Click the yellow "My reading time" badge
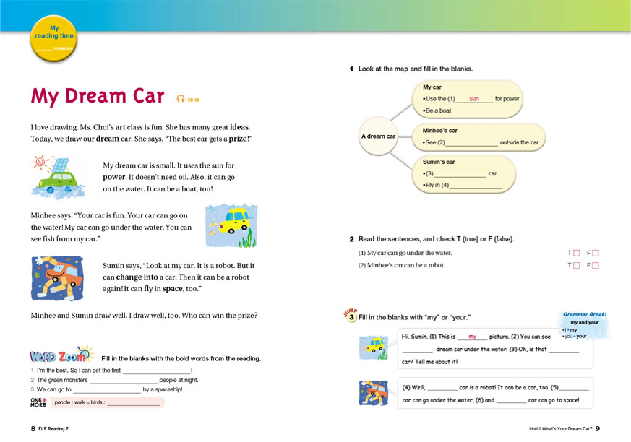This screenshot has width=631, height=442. [x=54, y=38]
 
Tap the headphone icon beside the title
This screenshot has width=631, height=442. [x=181, y=99]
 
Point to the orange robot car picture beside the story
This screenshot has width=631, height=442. [x=58, y=279]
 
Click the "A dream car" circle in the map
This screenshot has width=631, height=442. [x=378, y=136]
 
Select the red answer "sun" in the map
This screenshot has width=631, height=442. [x=474, y=99]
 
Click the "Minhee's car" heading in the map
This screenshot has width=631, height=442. [x=440, y=131]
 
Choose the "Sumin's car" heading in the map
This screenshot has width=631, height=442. [x=439, y=162]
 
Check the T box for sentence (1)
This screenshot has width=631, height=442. [x=576, y=253]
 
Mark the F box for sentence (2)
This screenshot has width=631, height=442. [x=596, y=265]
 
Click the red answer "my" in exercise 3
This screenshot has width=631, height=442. [x=473, y=337]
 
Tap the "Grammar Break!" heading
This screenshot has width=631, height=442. [x=584, y=315]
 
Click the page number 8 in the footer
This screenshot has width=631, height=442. [x=33, y=429]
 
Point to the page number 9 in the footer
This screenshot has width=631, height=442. [x=598, y=429]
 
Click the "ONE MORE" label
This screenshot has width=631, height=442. [x=38, y=403]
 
